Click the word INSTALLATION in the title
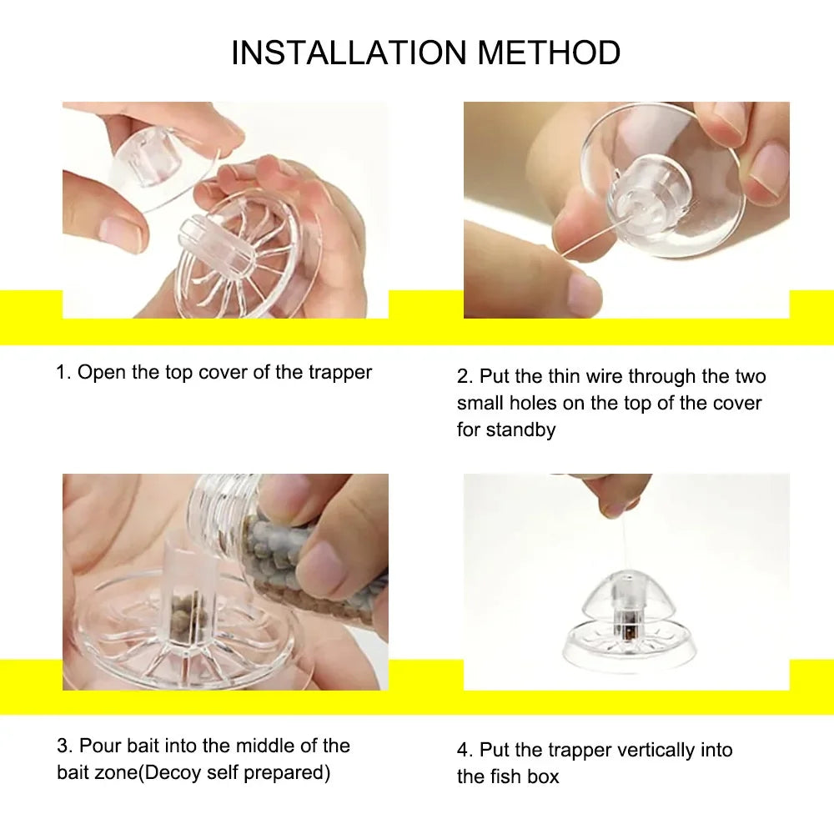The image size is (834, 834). [349, 53]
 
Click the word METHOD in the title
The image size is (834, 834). [549, 53]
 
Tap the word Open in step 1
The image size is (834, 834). [103, 373]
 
